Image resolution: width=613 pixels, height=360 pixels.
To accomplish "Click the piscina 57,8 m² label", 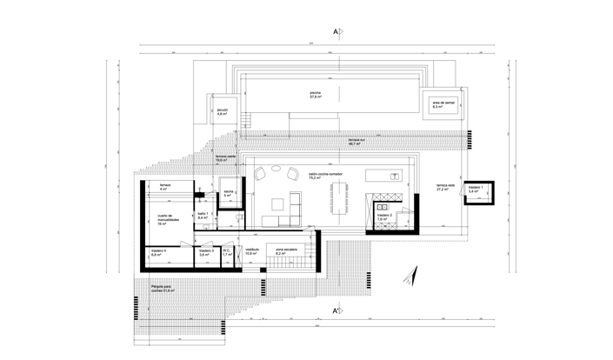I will click(314, 95).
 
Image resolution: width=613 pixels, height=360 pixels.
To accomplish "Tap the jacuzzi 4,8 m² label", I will click(223, 112).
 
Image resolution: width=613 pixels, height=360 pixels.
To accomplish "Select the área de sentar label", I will click(444, 103).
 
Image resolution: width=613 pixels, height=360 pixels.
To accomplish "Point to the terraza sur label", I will click(357, 143).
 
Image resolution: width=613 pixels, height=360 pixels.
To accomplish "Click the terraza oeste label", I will click(227, 158).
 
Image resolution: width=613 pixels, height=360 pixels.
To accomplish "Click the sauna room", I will click(228, 194).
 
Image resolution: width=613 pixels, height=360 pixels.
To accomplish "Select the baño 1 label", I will click(202, 215).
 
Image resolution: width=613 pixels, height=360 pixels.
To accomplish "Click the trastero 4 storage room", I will click(159, 253).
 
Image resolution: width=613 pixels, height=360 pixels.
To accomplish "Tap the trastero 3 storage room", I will click(206, 253).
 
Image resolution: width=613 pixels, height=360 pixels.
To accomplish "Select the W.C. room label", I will click(226, 253).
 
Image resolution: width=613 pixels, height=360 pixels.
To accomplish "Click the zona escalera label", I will click(287, 253).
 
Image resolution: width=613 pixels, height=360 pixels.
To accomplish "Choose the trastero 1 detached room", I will click(475, 189).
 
